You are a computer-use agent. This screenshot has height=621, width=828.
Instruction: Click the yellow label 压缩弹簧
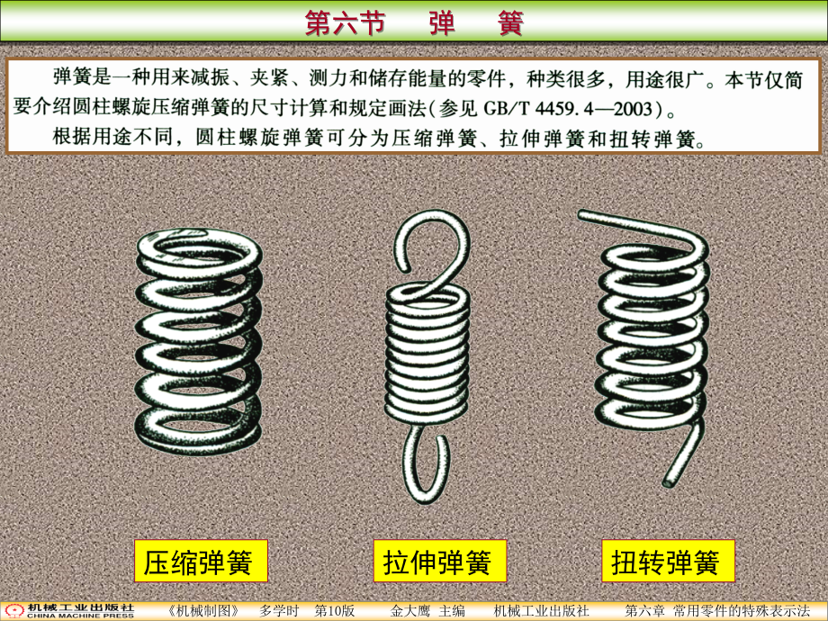[x=201, y=561]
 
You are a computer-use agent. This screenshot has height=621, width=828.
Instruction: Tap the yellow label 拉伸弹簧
[x=440, y=561]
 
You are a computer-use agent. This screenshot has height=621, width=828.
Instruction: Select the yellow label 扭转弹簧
[x=668, y=561]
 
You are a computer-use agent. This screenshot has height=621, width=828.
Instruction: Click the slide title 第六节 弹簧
[x=414, y=23]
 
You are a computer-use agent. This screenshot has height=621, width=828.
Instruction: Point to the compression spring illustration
[x=199, y=341]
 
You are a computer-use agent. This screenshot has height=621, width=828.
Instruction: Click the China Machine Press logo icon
[x=14, y=611]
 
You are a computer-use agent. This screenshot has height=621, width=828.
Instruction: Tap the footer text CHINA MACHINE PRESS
[x=80, y=616]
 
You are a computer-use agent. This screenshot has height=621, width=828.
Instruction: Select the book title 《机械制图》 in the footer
[x=203, y=611]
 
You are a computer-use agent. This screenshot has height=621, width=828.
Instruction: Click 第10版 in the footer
[x=334, y=611]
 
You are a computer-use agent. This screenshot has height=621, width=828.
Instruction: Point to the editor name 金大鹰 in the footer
[x=410, y=611]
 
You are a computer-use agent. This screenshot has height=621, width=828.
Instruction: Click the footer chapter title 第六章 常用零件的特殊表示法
[x=717, y=611]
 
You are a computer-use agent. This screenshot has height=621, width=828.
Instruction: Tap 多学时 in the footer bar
[x=279, y=611]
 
